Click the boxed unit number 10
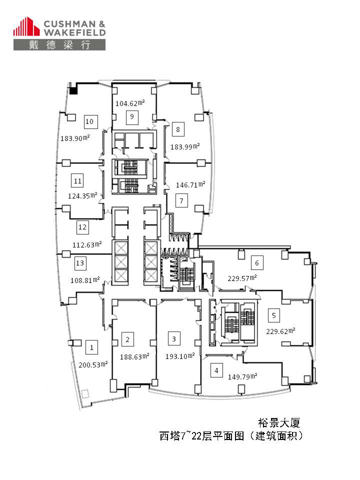[91, 121]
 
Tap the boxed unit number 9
[132, 117]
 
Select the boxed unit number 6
[257, 262]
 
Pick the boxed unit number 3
[174, 339]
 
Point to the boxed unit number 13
[80, 263]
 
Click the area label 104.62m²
[130, 103]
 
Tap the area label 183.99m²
[185, 146]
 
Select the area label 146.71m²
[190, 184]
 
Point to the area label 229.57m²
[242, 278]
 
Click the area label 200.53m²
[93, 364]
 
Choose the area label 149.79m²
[242, 376]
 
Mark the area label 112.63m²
[87, 244]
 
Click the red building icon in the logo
[26, 26]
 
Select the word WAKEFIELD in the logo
[74, 32]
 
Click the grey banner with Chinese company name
[59, 44]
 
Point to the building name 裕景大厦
[279, 423]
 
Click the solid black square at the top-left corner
[74, 91]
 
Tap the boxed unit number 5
[274, 315]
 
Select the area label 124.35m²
[82, 195]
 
